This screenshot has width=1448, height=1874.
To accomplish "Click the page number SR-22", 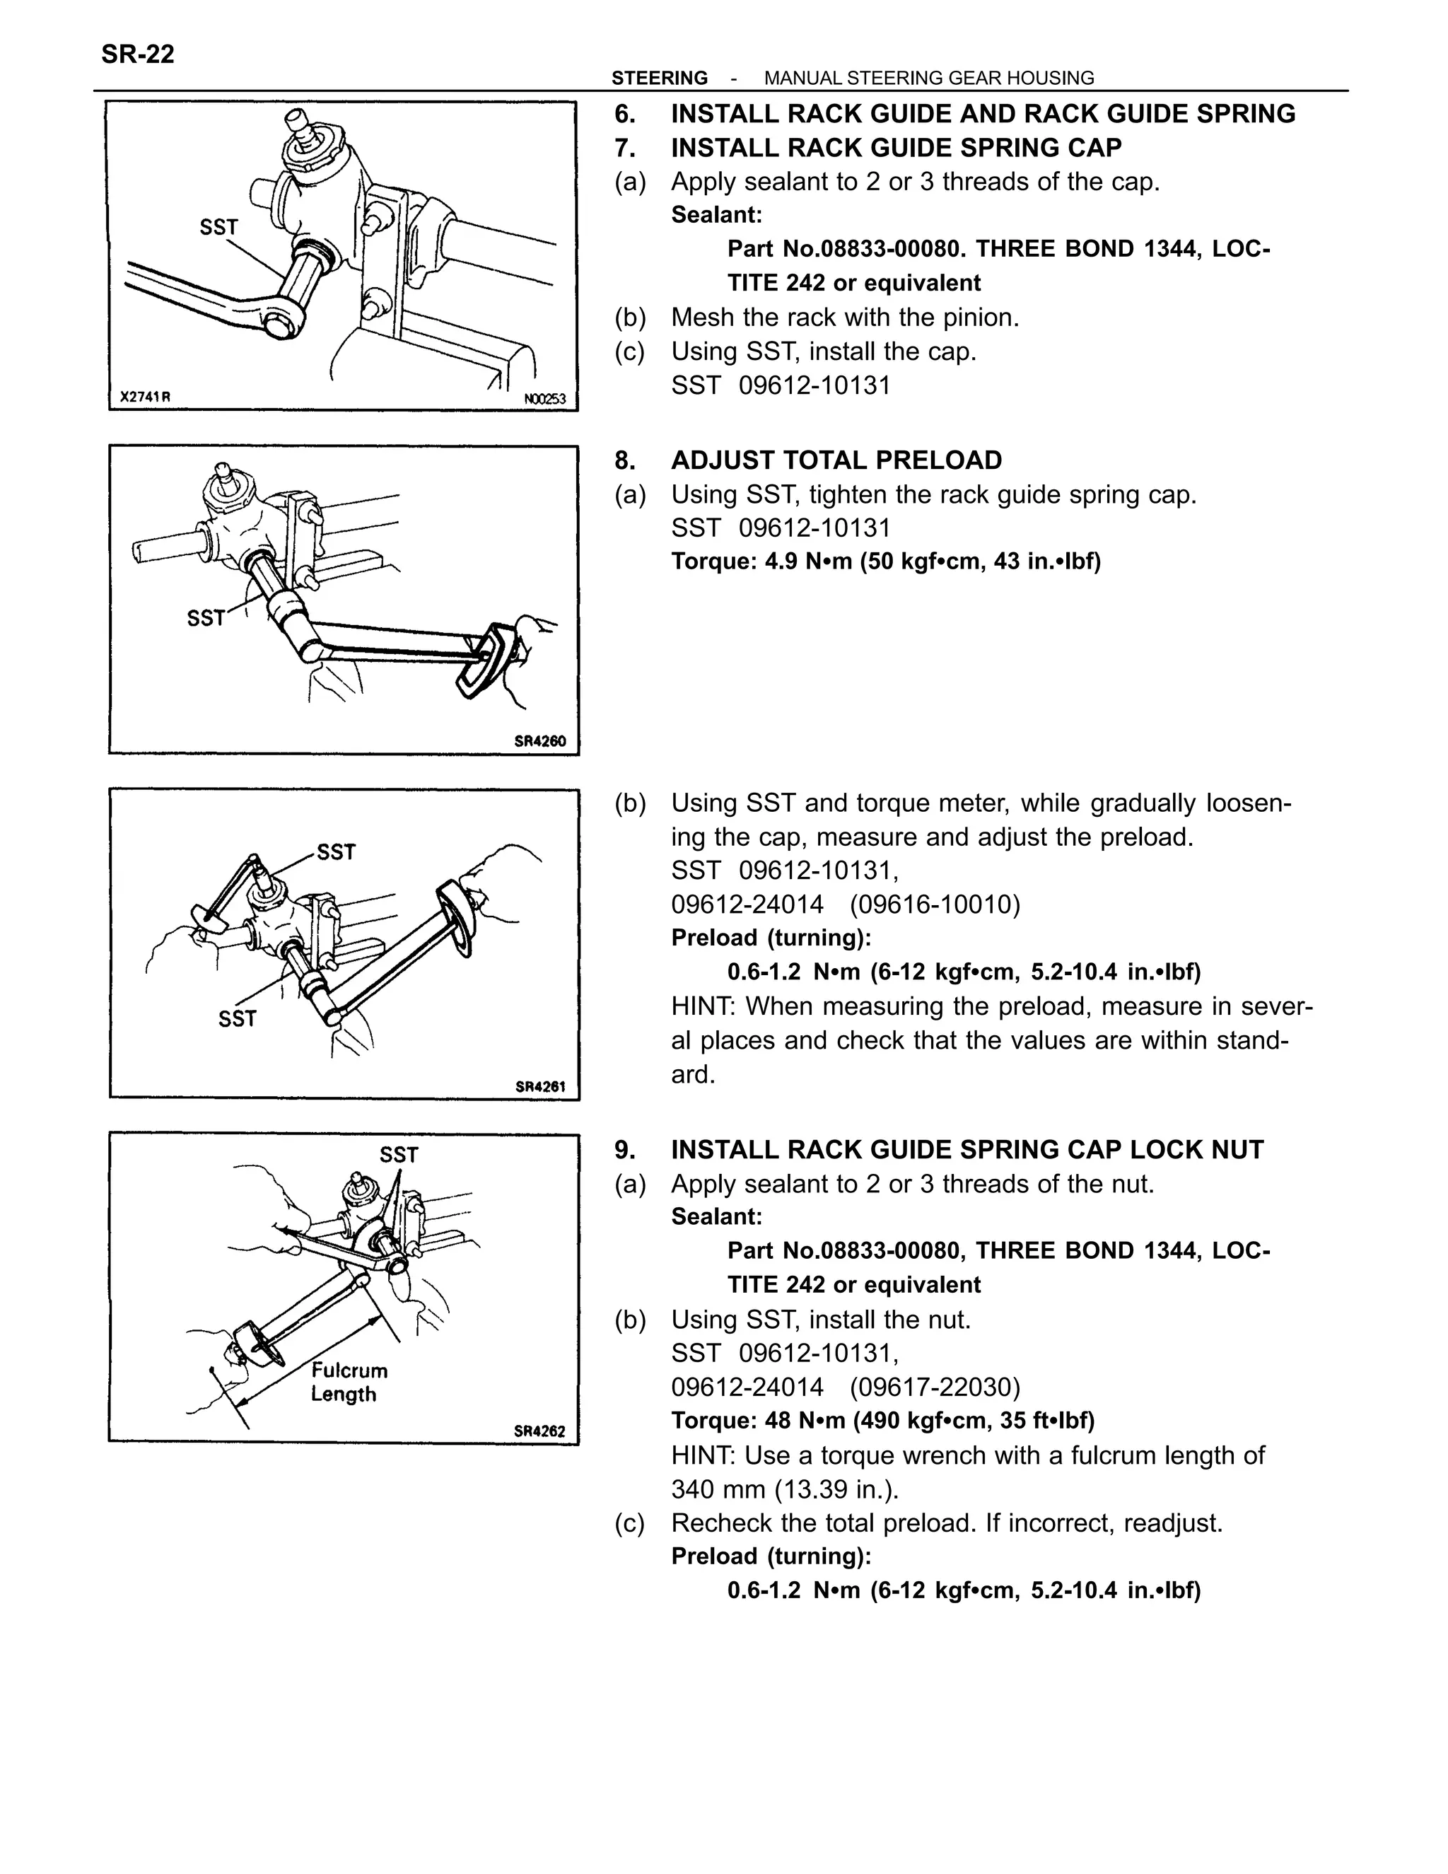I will pyautogui.click(x=138, y=54).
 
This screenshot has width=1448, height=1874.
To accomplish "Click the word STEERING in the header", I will pyautogui.click(x=659, y=78).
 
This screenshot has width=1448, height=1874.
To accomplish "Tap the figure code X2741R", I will pyautogui.click(x=145, y=397).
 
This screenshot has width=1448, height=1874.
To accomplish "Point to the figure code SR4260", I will pyautogui.click(x=539, y=741).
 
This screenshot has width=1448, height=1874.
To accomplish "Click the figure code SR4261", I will pyautogui.click(x=539, y=1086).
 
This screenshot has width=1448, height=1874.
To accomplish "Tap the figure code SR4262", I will pyautogui.click(x=539, y=1431).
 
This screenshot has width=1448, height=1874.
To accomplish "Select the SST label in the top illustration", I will pyautogui.click(x=218, y=228).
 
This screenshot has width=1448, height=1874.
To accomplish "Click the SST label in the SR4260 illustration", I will pyautogui.click(x=206, y=618).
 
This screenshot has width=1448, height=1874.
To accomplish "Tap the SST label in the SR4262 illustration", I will pyautogui.click(x=399, y=1155).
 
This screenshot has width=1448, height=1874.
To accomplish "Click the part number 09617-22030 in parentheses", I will pyautogui.click(x=935, y=1387).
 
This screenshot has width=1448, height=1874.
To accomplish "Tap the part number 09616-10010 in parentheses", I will pyautogui.click(x=935, y=904).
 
